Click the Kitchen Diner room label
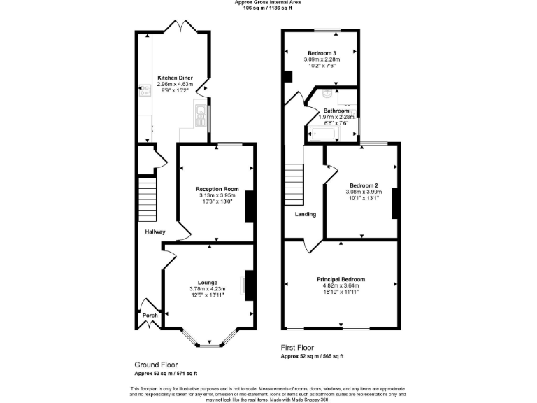click(x=174, y=78)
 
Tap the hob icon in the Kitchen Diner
click(x=145, y=90)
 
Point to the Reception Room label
click(x=217, y=189)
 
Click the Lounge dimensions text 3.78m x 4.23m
click(x=208, y=289)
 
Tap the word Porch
click(x=150, y=315)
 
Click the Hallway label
click(x=155, y=232)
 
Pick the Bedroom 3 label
click(x=321, y=53)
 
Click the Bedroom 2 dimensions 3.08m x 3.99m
click(x=362, y=192)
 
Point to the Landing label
click(x=306, y=214)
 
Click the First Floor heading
click(x=297, y=348)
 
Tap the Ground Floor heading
click(x=155, y=365)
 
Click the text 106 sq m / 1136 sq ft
click(x=268, y=9)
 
